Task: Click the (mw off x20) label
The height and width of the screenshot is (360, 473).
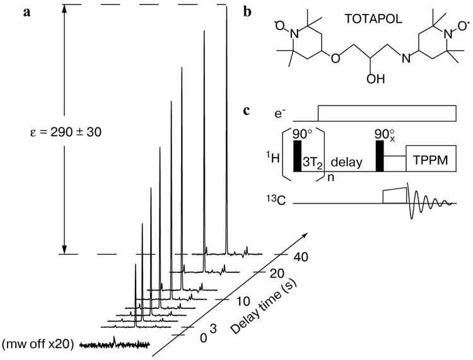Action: click(x=38, y=345)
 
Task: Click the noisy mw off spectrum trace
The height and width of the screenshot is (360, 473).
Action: click(x=114, y=344)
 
